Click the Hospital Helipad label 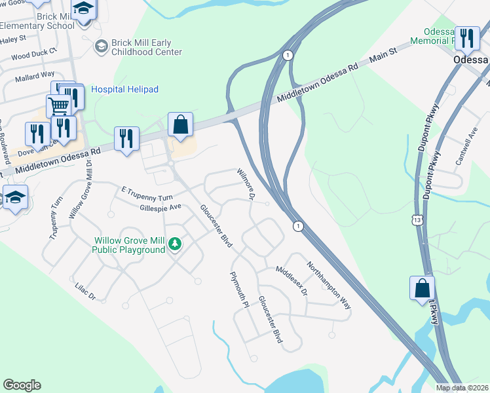124,89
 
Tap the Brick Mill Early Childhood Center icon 101,46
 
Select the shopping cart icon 58,105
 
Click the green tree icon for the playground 174,244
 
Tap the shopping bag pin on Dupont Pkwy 422,288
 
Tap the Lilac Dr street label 86,292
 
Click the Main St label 384,55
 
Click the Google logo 22,385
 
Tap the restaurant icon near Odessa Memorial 466,38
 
